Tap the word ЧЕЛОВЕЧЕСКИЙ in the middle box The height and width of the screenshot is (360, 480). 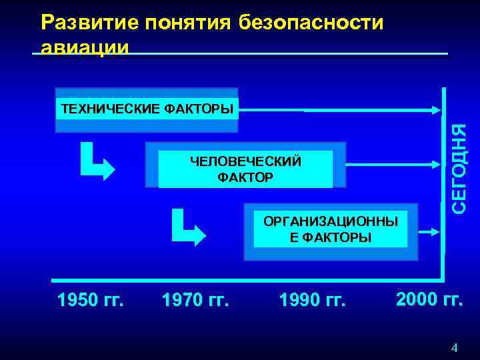pyautogui.click(x=245, y=162)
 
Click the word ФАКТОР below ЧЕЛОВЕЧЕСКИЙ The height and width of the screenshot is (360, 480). pyautogui.click(x=245, y=177)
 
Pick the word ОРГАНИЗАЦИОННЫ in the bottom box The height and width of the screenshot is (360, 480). pyautogui.click(x=330, y=221)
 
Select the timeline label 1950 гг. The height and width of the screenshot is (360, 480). pyautogui.click(x=91, y=301)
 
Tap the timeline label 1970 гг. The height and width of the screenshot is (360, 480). pyautogui.click(x=195, y=301)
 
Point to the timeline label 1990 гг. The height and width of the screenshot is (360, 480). pyautogui.click(x=313, y=301)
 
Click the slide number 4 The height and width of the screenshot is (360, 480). pyautogui.click(x=454, y=347)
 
